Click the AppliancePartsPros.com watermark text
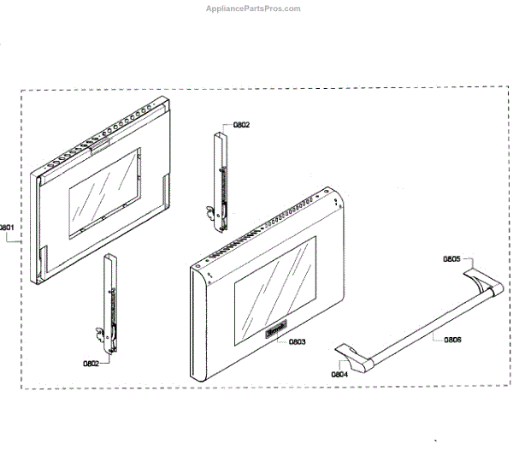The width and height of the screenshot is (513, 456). point(254,9)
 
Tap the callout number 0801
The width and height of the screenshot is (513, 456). point(7,228)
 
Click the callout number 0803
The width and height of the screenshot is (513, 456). point(297,342)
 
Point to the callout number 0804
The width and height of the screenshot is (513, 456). point(339,374)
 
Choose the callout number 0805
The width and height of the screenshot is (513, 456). point(451,258)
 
